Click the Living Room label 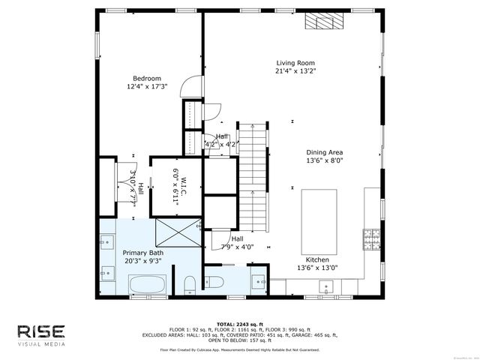[x=295, y=63]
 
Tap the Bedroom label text [x=147, y=78]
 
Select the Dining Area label [x=325, y=151]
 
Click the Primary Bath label [x=142, y=253]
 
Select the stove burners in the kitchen [x=370, y=238]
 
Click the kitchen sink [x=327, y=286]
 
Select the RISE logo [x=43, y=331]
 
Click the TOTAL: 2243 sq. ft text [x=239, y=324]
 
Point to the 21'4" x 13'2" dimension [x=295, y=72]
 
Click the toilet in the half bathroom [x=213, y=282]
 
